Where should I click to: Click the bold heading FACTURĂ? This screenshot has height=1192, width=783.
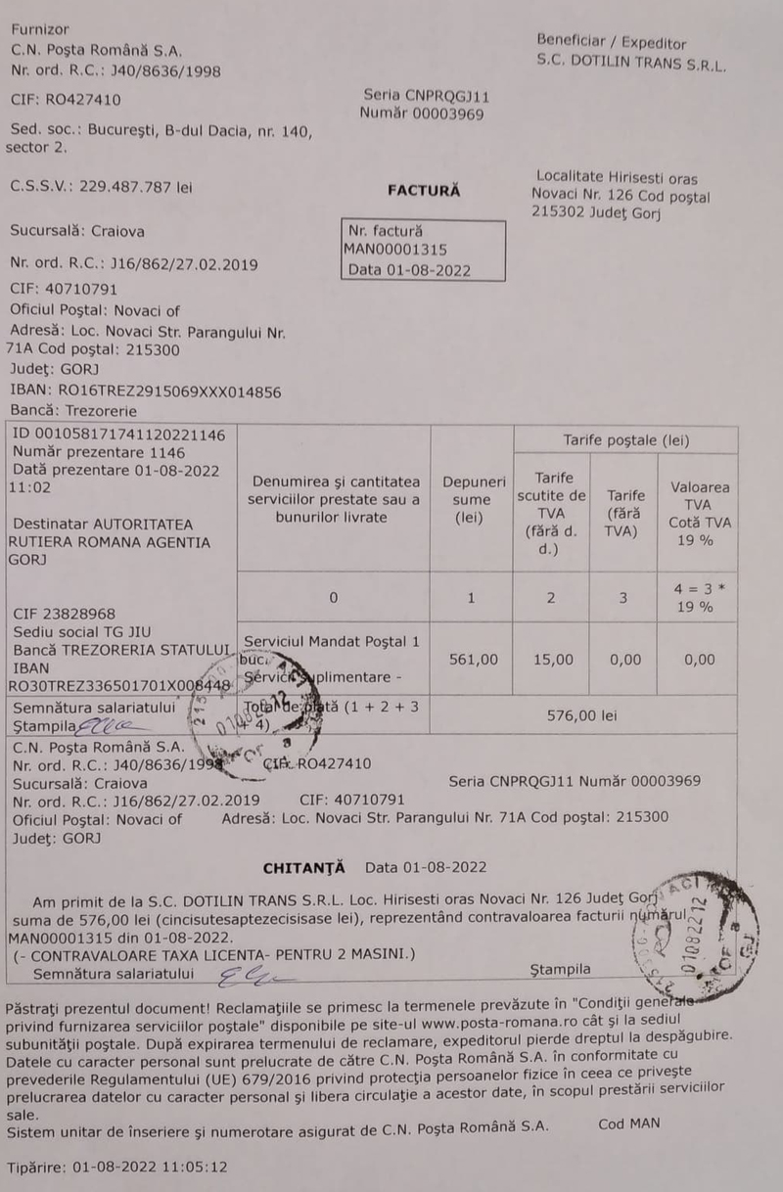(424, 191)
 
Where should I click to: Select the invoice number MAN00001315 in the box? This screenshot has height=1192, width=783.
(395, 250)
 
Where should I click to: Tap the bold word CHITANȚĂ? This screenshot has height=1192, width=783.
(304, 867)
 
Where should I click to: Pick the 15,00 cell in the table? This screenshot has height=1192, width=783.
(552, 660)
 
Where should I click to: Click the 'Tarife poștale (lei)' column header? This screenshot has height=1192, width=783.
(625, 439)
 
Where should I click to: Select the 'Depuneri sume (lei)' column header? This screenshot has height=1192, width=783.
(473, 499)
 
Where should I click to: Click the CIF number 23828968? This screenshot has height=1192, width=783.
(65, 614)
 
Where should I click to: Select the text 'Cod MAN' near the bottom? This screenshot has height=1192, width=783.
(628, 1123)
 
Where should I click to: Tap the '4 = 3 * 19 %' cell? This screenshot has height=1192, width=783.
(698, 598)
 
